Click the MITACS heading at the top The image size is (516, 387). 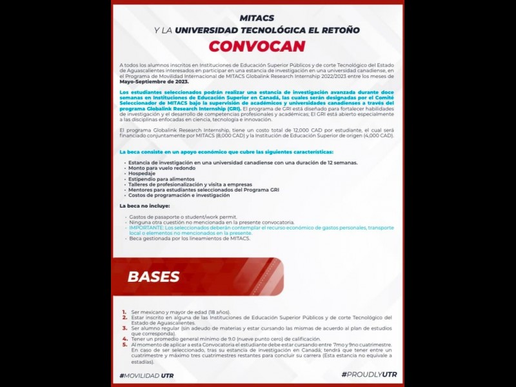[x=257, y=17]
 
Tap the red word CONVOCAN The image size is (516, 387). [x=257, y=46]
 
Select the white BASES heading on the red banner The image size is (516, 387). [x=154, y=277]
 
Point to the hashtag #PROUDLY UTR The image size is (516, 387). [x=369, y=375]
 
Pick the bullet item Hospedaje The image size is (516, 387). [x=142, y=174]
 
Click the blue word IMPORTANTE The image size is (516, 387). [x=146, y=228]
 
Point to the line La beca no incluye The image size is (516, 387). [x=144, y=205]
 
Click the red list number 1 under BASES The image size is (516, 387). [x=124, y=312]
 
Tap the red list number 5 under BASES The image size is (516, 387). [x=124, y=345]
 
